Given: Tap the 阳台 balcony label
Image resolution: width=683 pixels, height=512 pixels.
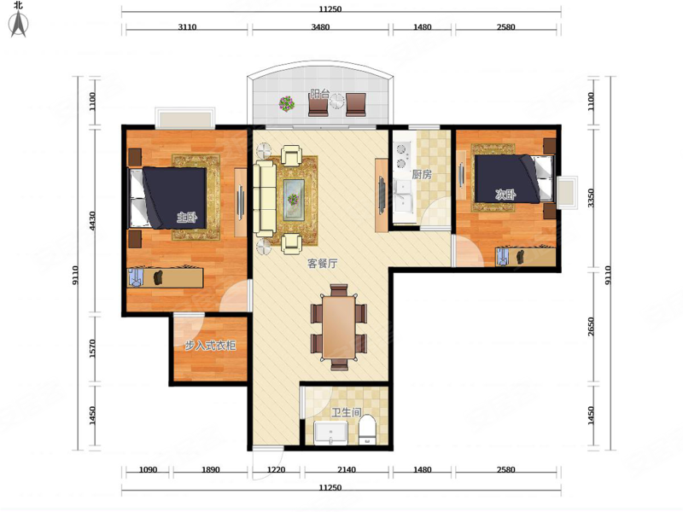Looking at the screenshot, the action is coord(319,94).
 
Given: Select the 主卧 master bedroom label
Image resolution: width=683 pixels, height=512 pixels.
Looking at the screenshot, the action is coord(186,217).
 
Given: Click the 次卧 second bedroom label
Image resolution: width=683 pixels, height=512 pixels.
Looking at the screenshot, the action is coord(505,195).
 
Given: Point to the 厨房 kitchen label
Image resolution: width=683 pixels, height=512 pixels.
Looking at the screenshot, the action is coord(422,175).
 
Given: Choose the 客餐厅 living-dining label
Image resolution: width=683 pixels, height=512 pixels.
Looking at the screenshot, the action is coord(323,263).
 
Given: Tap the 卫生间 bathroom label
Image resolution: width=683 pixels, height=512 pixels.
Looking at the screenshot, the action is coord(347,412).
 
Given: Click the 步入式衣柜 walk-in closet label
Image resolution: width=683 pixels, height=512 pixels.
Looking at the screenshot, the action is coord(210,346).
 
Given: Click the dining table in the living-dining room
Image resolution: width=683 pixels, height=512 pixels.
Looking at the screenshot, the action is coord(339,327).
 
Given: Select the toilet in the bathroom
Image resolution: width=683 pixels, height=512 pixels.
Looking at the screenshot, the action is coord(368,430).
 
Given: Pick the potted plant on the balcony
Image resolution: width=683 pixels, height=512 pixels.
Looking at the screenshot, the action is coord(287,103).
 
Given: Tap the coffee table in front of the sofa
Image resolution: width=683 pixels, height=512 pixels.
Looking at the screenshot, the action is coord(294,200).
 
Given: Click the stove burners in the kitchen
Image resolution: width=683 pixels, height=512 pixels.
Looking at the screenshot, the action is coord(400,156).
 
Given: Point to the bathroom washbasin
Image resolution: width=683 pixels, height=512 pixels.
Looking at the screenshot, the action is coord(331,433).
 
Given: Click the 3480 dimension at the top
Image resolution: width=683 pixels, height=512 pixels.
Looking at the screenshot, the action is coord(320,26).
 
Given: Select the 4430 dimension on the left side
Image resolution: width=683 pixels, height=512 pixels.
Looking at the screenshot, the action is coord(92,221).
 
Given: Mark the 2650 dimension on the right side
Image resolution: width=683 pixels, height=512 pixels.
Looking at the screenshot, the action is coord(591,327).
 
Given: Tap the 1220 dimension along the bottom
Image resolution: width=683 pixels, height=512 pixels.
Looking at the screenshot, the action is coord(276,470).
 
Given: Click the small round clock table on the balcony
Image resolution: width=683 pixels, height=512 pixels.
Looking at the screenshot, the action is coord(336,102).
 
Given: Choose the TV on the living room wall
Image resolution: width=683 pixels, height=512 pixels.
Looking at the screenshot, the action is coord(382,195).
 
